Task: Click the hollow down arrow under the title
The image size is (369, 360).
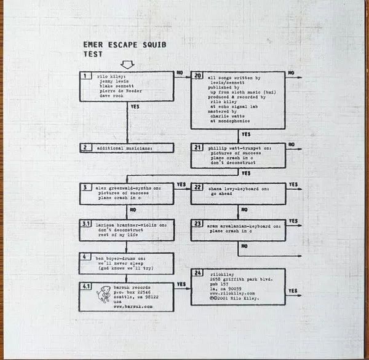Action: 128,64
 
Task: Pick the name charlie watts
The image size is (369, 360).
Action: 227,113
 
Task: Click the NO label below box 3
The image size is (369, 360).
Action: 133,208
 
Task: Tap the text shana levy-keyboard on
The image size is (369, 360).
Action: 243,188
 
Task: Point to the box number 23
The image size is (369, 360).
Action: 197,224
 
